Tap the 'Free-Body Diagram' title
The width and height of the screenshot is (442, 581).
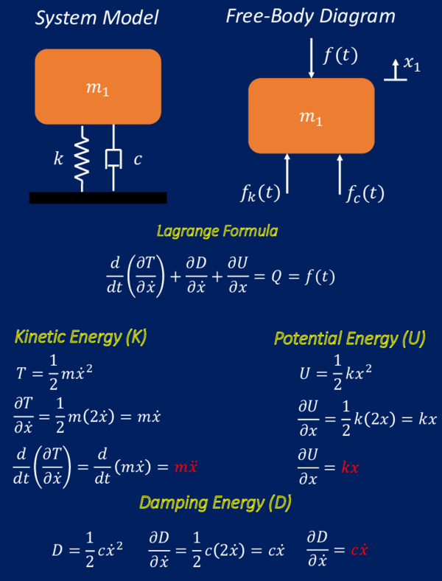coord(309,16)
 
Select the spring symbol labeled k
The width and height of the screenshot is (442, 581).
coord(83,158)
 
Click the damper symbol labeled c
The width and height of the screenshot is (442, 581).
coord(113,158)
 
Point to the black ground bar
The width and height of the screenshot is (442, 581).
coord(98,198)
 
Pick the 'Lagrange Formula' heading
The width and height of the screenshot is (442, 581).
coord(217,231)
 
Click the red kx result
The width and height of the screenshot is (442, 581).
coord(350,466)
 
